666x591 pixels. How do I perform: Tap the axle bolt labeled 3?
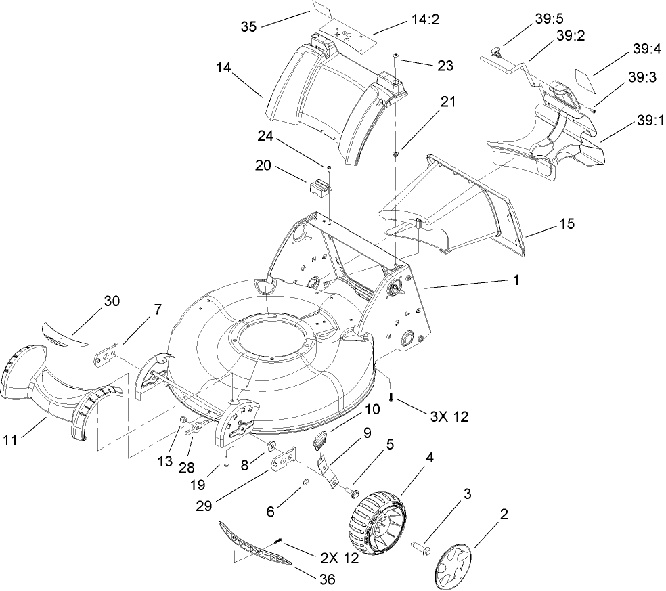(x=423, y=546)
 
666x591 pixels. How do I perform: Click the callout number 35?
(x=249, y=26)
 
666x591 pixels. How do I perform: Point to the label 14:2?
(x=424, y=21)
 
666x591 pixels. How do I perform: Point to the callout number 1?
(x=515, y=279)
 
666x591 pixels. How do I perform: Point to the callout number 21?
(x=448, y=102)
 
